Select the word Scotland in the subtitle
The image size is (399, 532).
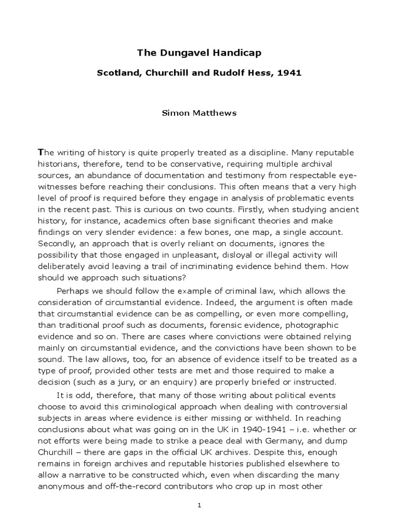(x=118, y=73)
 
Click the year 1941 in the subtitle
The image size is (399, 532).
(x=289, y=73)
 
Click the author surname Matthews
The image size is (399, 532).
(x=216, y=113)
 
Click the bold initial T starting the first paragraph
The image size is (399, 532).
(x=42, y=152)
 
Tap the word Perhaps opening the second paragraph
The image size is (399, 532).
(x=74, y=291)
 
